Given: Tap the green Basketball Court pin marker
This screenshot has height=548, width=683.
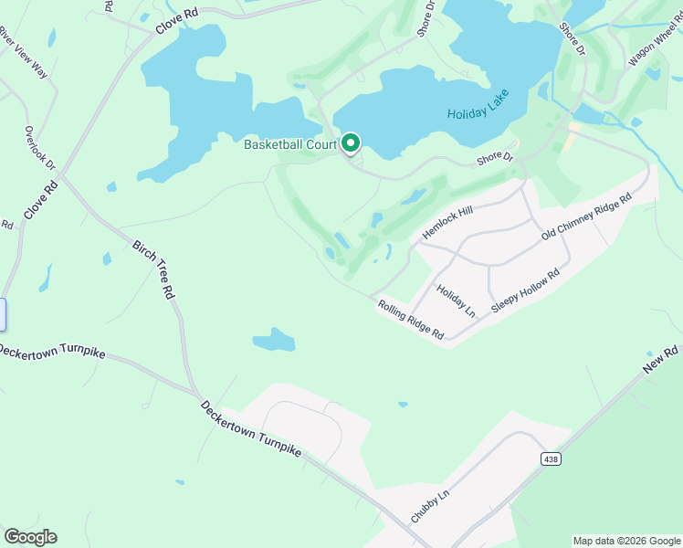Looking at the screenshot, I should (351, 143).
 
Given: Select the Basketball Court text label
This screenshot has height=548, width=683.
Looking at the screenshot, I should (290, 144).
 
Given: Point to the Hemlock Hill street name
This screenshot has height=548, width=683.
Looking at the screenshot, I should (447, 224).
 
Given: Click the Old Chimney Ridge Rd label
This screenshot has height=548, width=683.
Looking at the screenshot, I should (586, 217).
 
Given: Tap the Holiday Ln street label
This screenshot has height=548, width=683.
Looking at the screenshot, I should (457, 300).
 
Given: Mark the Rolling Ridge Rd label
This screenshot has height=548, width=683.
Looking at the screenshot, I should (411, 321).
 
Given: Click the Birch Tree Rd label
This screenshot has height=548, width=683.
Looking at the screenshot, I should (153, 270).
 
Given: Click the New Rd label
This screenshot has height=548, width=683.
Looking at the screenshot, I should (662, 358).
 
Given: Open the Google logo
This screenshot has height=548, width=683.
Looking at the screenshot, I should (30, 537).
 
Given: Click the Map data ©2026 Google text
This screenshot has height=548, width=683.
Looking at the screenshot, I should (626, 541).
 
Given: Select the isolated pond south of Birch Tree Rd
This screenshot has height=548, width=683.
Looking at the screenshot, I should (274, 341).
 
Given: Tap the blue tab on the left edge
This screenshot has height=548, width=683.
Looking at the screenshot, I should (3, 314).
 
